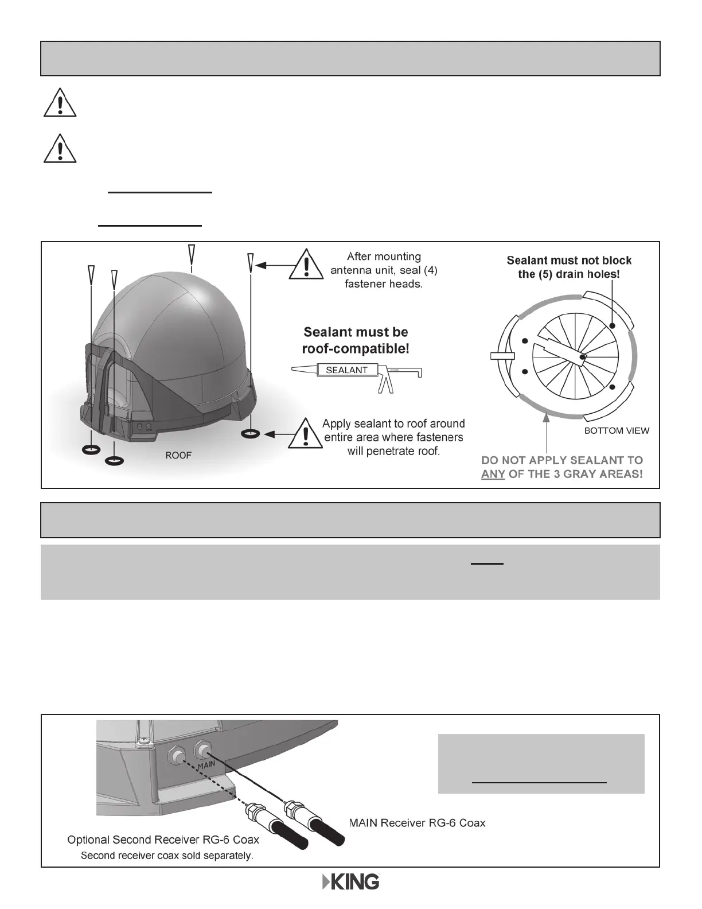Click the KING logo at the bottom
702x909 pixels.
click(350, 882)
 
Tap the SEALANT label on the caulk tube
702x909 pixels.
click(346, 370)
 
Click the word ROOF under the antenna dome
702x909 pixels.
click(178, 455)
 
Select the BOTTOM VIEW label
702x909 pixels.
click(617, 430)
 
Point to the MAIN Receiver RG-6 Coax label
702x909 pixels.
click(417, 823)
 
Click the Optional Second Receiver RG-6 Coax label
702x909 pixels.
click(163, 840)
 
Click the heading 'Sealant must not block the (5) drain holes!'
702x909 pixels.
click(569, 267)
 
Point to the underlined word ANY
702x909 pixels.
click(493, 475)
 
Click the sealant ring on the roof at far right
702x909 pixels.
click(250, 435)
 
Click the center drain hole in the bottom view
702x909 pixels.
click(583, 358)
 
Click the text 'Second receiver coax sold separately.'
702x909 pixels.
click(166, 855)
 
